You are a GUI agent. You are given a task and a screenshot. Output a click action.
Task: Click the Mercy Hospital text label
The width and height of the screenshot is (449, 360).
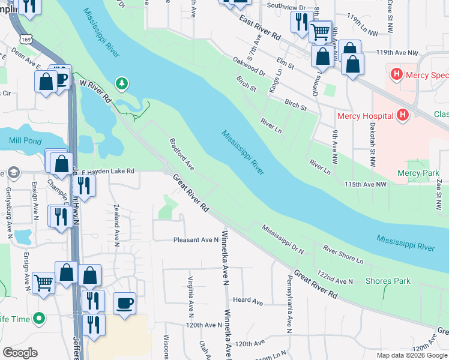(365, 116)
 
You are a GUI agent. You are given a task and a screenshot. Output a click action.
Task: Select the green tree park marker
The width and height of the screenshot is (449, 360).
(122, 83)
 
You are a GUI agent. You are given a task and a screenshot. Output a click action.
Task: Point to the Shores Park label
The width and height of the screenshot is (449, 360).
(388, 281)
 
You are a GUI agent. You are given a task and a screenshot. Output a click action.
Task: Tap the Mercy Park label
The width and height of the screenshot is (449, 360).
(418, 173)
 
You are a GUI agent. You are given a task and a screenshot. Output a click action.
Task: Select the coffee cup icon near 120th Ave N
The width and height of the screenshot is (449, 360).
(124, 303)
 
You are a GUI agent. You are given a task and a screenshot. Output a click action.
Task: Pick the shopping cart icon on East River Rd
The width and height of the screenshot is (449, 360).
(321, 31)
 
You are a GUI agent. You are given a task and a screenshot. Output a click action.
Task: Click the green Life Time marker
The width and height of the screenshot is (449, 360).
(40, 319)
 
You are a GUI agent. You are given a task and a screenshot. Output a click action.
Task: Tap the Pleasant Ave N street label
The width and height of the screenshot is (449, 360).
(196, 239)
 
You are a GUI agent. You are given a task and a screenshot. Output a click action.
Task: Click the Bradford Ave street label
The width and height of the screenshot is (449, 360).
(182, 154)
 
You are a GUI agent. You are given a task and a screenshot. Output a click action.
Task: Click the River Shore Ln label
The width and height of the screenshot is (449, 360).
(343, 254)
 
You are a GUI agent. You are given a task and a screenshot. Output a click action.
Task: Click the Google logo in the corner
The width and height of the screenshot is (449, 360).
(20, 353)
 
